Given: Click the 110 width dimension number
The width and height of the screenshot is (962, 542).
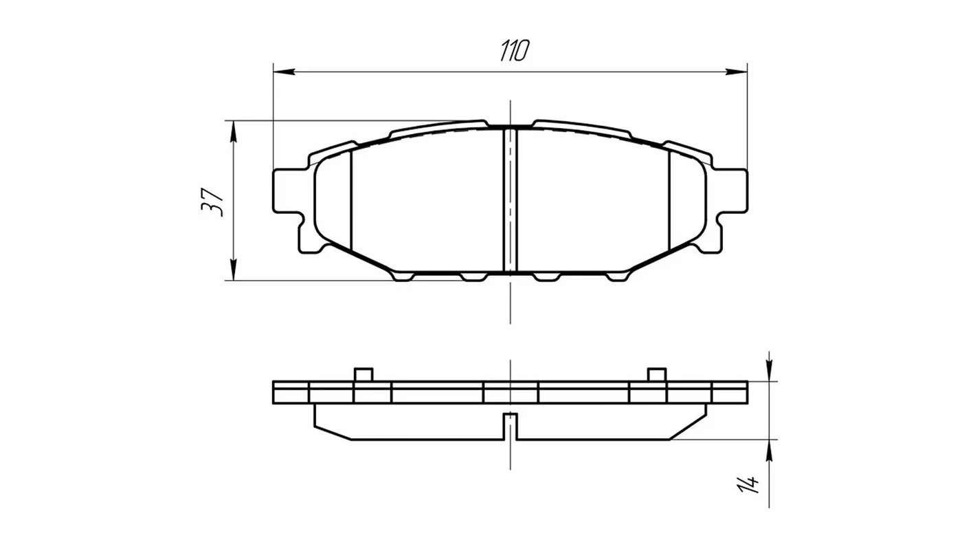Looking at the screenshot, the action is coord(515,50).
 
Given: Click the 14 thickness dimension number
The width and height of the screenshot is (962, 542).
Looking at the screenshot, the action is coord(748,484).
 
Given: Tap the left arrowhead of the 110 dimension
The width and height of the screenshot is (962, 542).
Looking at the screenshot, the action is coord(284,72).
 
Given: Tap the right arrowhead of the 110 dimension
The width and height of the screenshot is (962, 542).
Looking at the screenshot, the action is coord(737,72).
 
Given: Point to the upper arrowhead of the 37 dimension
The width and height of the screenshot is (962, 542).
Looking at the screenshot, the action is coord(233,131).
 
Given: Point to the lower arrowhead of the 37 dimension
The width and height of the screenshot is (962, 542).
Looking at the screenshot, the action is coord(233,270).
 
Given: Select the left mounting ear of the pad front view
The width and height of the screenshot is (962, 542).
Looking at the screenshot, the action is coord(289,191).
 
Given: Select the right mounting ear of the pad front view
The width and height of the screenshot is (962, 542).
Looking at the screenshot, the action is coord(731,191).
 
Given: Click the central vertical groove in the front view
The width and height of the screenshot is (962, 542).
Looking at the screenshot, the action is coord(510,200).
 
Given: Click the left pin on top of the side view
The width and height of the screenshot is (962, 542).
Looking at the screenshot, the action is coord(363,374).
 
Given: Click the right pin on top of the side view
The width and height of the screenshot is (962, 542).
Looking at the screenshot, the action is coord(657,374).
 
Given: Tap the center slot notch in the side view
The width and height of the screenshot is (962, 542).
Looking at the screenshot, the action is coord(510,426).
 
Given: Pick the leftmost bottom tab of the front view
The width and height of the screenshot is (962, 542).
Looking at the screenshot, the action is coord(404,277).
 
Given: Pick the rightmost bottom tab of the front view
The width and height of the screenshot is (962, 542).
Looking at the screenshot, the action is coord(617,277).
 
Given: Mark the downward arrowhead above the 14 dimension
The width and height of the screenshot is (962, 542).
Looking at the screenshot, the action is coord(769,370).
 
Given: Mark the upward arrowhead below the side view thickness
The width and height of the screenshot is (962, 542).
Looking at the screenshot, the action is coord(769,451).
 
